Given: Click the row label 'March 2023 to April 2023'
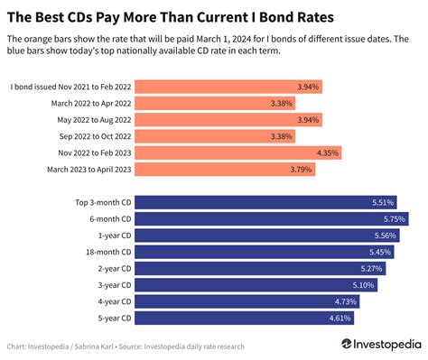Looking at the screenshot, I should tap(82, 169).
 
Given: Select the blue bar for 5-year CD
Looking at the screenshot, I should tap(245, 318).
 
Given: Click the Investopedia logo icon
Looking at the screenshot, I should tap(347, 345).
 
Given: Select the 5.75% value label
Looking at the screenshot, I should tap(394, 218).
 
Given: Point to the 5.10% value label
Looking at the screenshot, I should tap(363, 285).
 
